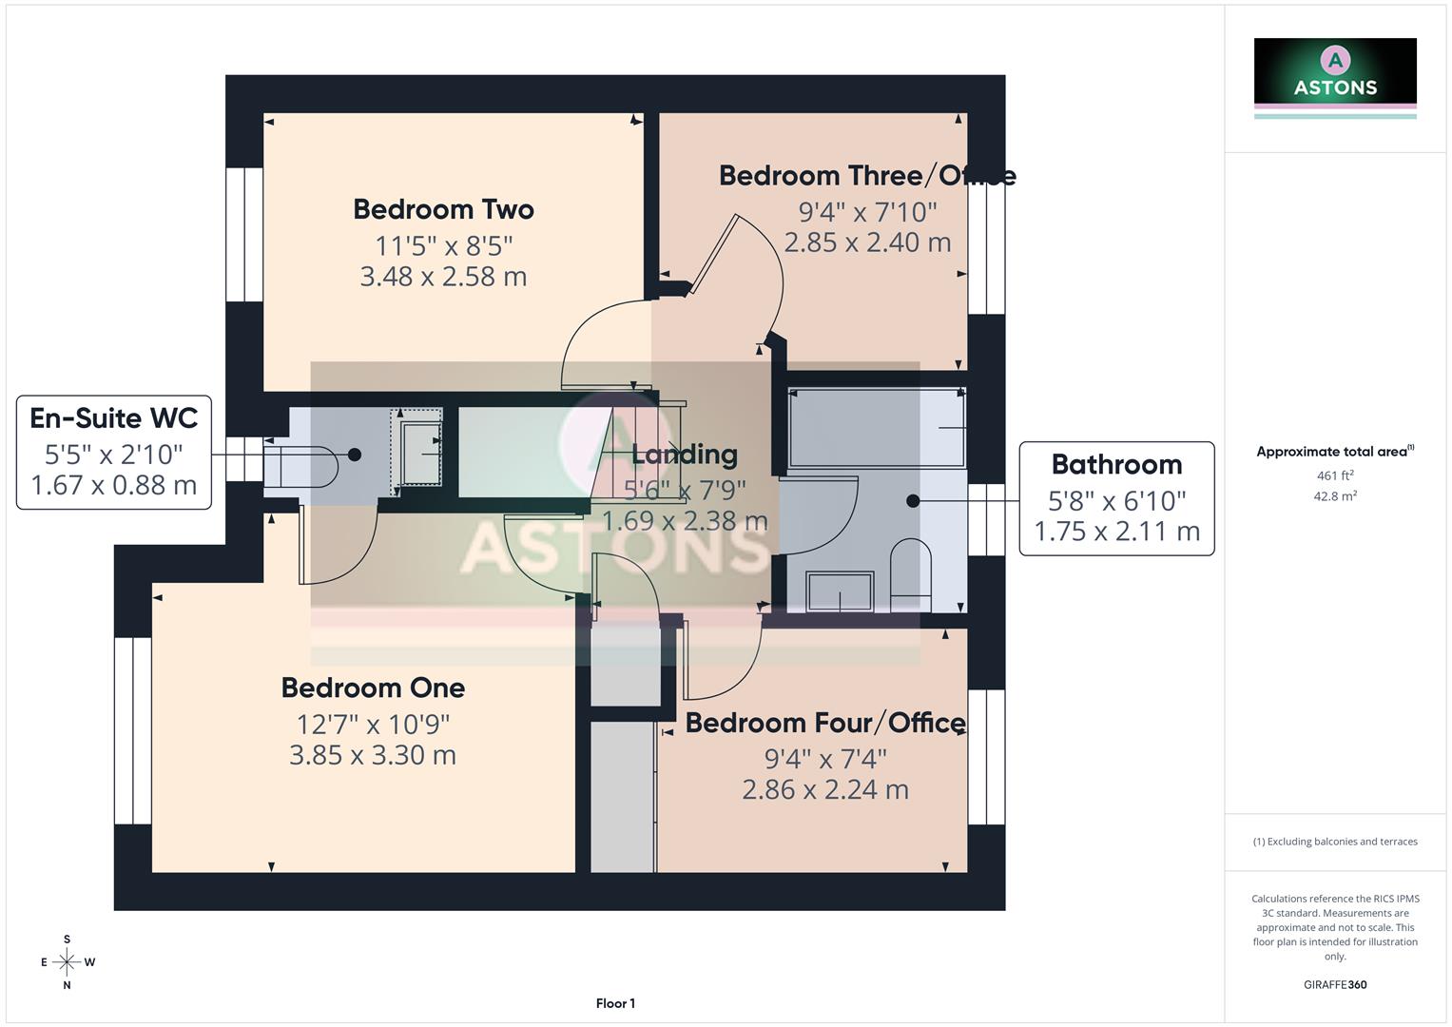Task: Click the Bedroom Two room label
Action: [443, 209]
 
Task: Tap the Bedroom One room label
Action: [373, 688]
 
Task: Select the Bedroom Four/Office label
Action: [824, 723]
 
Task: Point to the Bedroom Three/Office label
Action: [866, 176]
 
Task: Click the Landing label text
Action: [684, 455]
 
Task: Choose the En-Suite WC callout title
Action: [113, 418]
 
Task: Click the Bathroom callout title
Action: [1116, 465]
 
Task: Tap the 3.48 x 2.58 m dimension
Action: [443, 277]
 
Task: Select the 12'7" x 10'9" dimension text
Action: [373, 725]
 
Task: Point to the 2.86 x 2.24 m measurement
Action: [824, 790]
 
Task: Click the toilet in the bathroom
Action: [910, 570]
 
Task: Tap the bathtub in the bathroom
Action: [877, 428]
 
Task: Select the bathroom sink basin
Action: [840, 591]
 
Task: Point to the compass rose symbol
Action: [67, 962]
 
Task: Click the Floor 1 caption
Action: [615, 1003]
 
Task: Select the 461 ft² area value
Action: [1334, 475]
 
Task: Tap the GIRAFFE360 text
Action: [1334, 985]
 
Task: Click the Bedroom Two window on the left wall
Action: [244, 235]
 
